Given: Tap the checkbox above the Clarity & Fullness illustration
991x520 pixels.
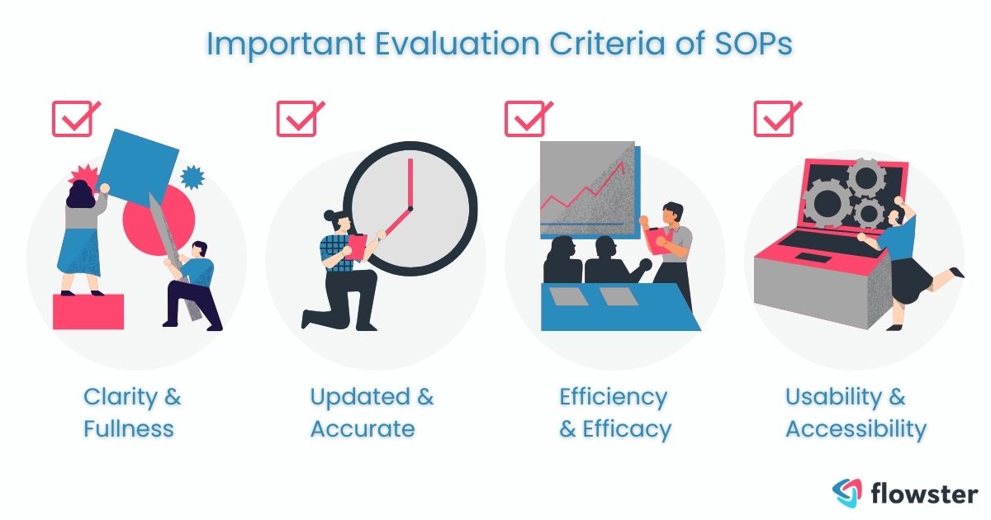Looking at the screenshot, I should pos(72,119).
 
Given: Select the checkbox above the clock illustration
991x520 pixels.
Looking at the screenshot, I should pos(296,119).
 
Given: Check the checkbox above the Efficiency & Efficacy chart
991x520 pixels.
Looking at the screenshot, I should pos(524,119).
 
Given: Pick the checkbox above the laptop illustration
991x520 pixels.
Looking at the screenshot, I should pos(774,119).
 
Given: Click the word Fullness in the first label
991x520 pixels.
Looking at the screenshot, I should pos(128,429).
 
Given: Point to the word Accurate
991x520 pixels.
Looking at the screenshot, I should pos(363,429).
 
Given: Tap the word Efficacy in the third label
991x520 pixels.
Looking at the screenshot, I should pos(626,429).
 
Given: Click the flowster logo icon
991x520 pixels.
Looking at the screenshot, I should pos(846,491).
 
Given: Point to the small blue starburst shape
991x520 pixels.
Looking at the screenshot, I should pos(192,177).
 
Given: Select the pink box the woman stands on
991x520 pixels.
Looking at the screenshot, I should pos(88,312).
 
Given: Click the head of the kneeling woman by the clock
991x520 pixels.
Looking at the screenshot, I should pos(332,220).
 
